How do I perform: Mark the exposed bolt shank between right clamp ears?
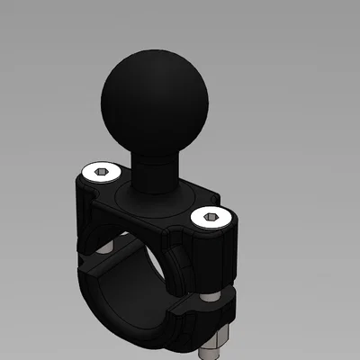210,290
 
